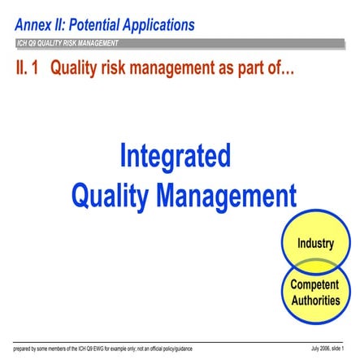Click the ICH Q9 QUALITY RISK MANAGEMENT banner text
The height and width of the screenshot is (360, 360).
point(67,43)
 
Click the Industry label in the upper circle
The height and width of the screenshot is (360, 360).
point(314,243)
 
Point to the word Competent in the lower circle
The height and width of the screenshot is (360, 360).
point(314,285)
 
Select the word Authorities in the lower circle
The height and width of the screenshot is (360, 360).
point(314,300)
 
